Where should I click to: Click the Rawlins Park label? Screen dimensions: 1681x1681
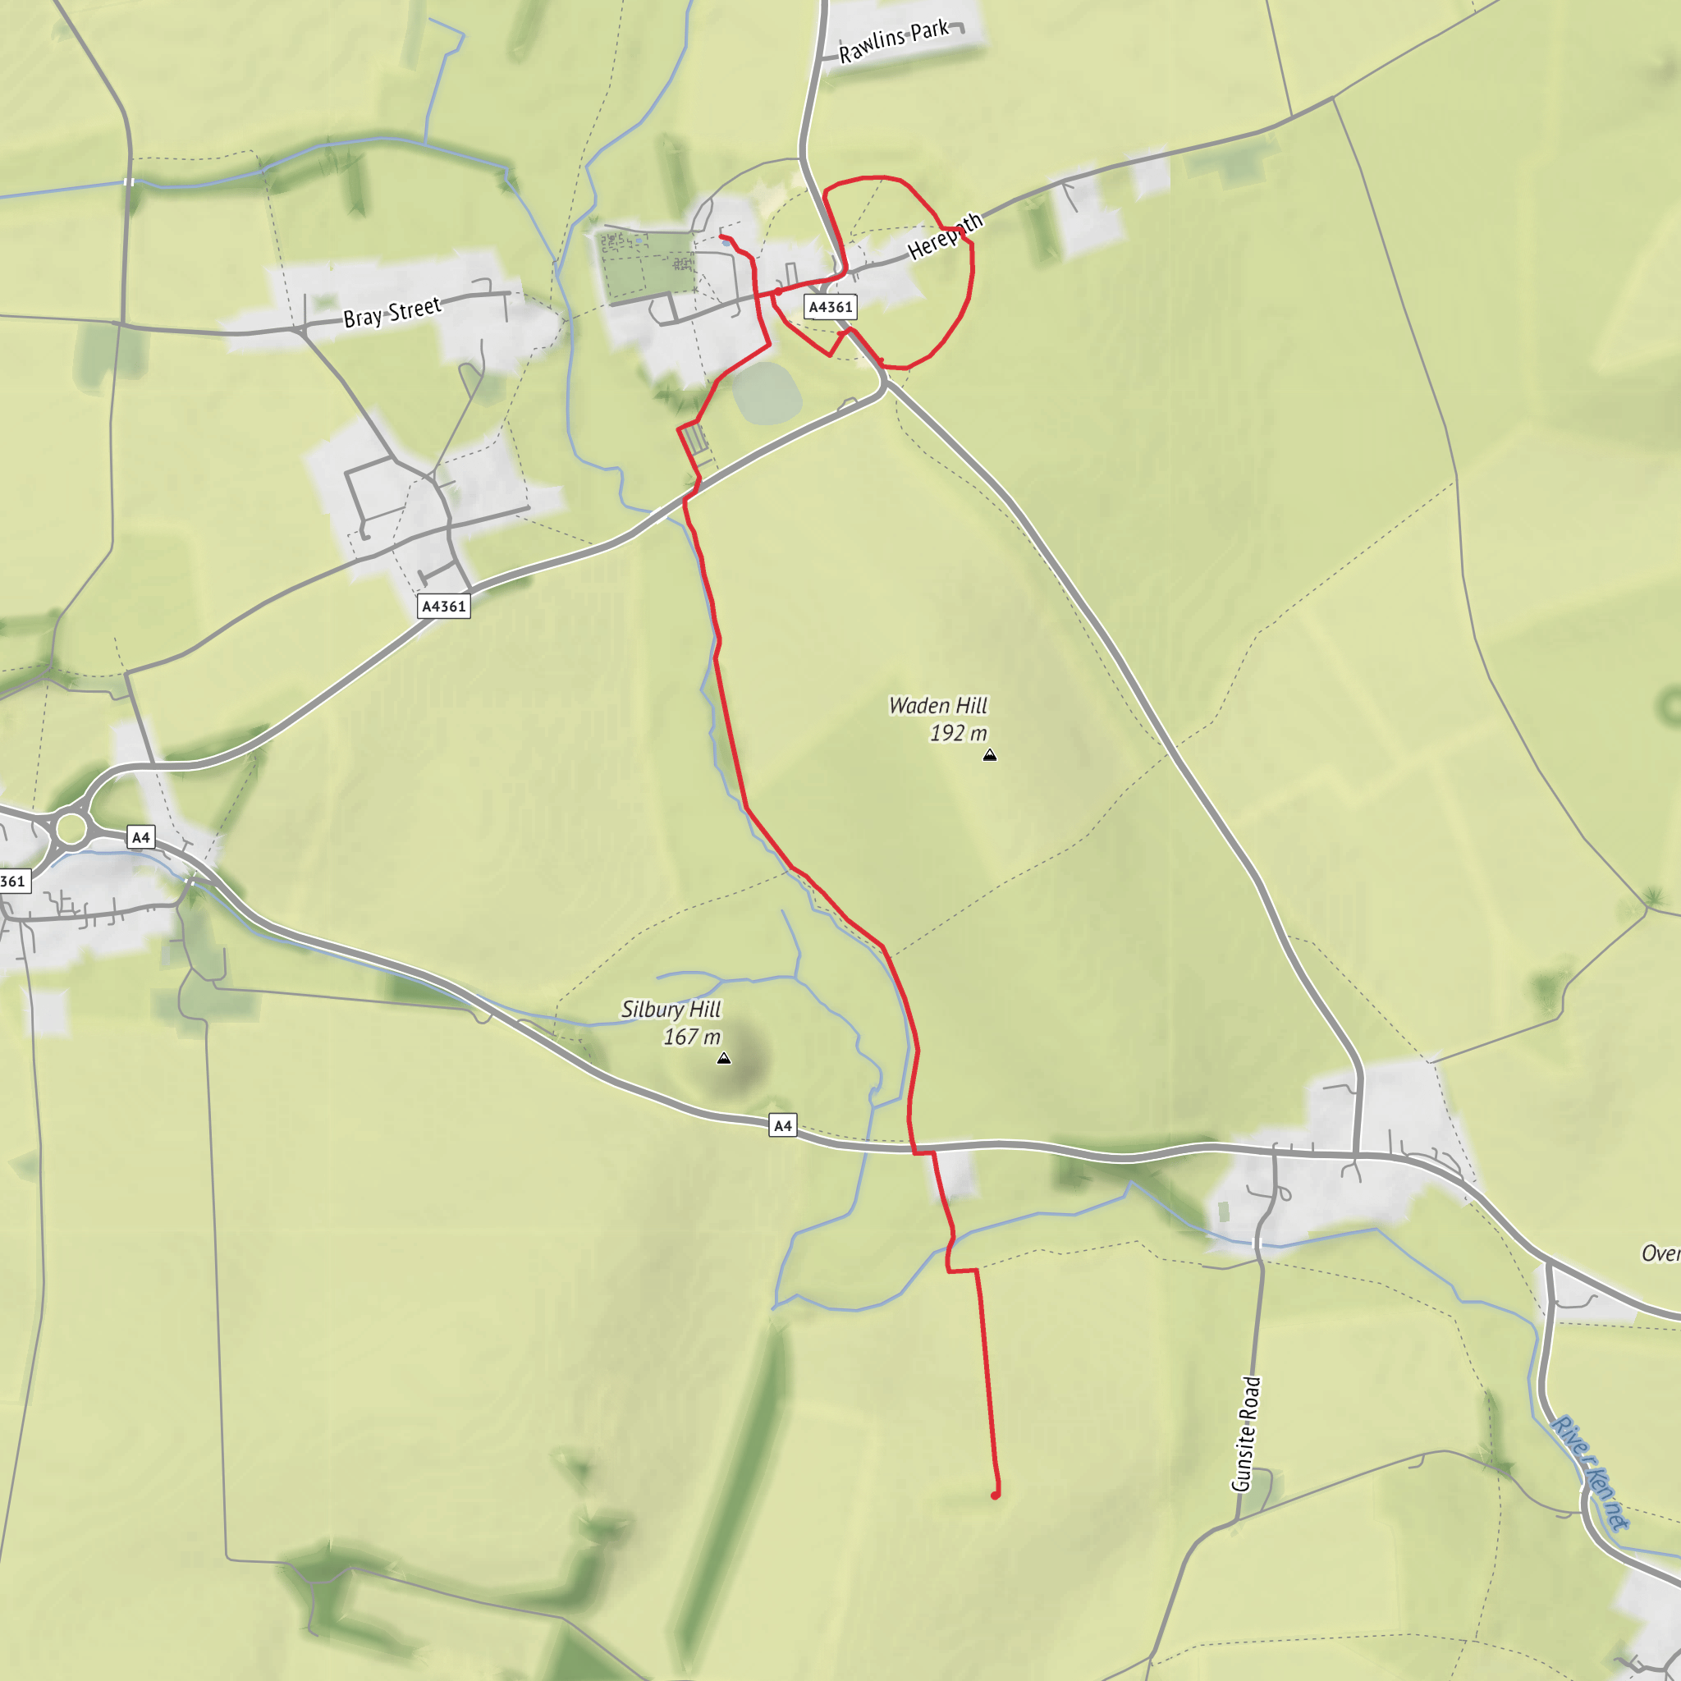click(x=894, y=40)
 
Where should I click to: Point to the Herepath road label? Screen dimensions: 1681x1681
click(x=945, y=236)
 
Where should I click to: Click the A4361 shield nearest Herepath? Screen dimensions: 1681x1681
click(x=830, y=306)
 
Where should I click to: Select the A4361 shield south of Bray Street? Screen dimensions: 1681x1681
click(x=444, y=607)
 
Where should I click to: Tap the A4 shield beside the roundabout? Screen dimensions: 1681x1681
click(x=140, y=837)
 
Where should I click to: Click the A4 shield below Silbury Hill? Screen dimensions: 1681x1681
click(x=782, y=1126)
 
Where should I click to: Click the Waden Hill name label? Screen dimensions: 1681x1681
click(x=938, y=706)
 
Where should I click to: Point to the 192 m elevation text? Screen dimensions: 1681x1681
click(x=958, y=734)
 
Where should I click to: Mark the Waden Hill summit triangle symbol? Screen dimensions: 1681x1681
click(x=989, y=755)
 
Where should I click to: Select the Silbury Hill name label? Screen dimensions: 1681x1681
click(x=671, y=1010)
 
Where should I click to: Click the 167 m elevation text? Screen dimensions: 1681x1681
click(x=692, y=1037)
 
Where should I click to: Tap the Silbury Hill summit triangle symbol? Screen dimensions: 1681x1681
click(x=724, y=1059)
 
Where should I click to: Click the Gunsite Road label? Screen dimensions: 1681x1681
click(x=1246, y=1433)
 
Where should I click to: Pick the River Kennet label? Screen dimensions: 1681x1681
click(x=1589, y=1473)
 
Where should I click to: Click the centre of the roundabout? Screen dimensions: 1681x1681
click(x=71, y=828)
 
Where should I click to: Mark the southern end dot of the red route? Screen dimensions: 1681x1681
click(x=996, y=1495)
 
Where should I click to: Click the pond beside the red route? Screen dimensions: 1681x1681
click(x=767, y=393)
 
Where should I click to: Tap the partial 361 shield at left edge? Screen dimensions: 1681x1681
click(x=13, y=881)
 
